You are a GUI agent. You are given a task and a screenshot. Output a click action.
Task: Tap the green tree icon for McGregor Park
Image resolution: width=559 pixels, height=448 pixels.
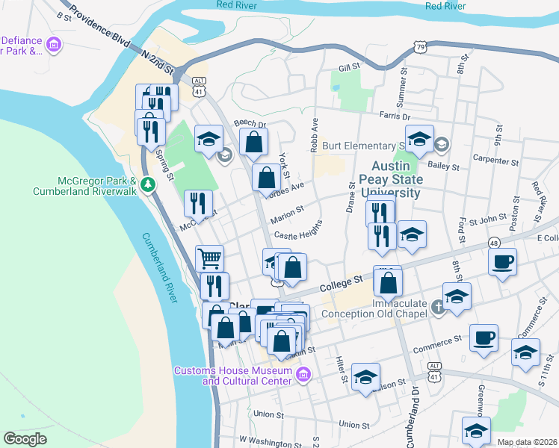point(148,183)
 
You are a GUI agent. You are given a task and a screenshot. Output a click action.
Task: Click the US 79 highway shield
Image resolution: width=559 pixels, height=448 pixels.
point(420,48)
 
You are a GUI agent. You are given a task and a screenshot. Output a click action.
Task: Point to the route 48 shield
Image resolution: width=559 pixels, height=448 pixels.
point(495,243)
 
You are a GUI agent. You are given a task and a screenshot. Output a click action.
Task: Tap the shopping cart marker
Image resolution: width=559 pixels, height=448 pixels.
point(210,258)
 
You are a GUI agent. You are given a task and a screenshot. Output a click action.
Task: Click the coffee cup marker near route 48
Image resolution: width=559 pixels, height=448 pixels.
point(501,261)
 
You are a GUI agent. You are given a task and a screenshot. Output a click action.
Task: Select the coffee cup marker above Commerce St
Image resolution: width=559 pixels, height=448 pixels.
point(484,337)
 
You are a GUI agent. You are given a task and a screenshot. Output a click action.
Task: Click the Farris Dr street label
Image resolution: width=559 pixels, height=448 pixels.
point(395,116)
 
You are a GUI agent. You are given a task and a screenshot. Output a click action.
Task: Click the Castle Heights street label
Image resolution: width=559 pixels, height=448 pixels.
point(297,234)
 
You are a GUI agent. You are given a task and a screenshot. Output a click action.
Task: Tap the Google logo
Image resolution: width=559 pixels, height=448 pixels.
point(25,438)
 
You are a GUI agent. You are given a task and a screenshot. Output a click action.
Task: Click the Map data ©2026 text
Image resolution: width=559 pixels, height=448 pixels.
point(527,442)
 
